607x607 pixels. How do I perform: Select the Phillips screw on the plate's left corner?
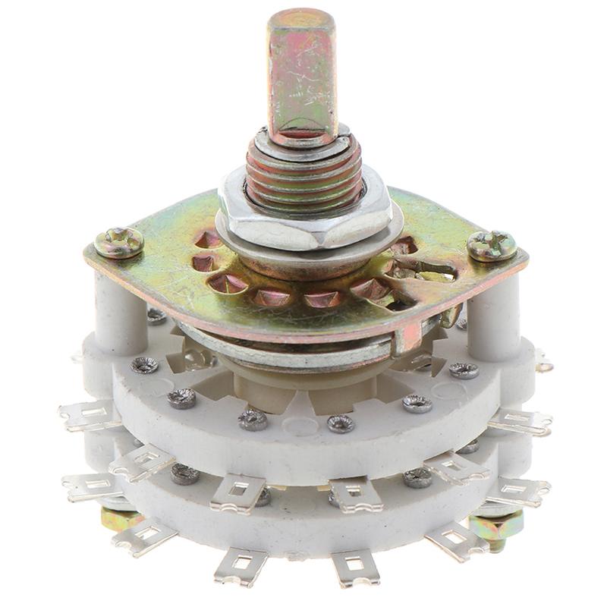(119, 243)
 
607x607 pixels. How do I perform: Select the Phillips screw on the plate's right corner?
(491, 245)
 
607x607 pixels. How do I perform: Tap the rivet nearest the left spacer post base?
(144, 365)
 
